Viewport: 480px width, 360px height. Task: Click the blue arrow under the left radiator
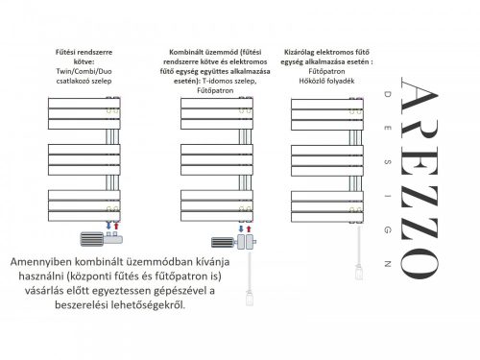[108, 226]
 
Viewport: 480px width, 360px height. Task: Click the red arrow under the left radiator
[116, 226]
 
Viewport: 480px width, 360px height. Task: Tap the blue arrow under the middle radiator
[241, 228]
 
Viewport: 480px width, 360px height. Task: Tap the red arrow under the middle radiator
[249, 228]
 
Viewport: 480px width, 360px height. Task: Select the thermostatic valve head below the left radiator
[92, 239]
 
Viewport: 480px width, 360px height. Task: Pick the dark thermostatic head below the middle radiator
[223, 242]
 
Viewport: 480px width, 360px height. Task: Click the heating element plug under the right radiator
[359, 273]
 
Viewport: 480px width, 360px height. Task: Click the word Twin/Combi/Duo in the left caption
[84, 71]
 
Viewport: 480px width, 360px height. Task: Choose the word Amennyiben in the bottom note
[41, 262]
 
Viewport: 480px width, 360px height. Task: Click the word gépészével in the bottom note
[178, 291]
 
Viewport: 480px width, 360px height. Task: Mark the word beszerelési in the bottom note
[82, 305]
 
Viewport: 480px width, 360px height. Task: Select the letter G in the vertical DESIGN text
[388, 230]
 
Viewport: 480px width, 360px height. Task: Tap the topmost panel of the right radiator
[327, 104]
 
